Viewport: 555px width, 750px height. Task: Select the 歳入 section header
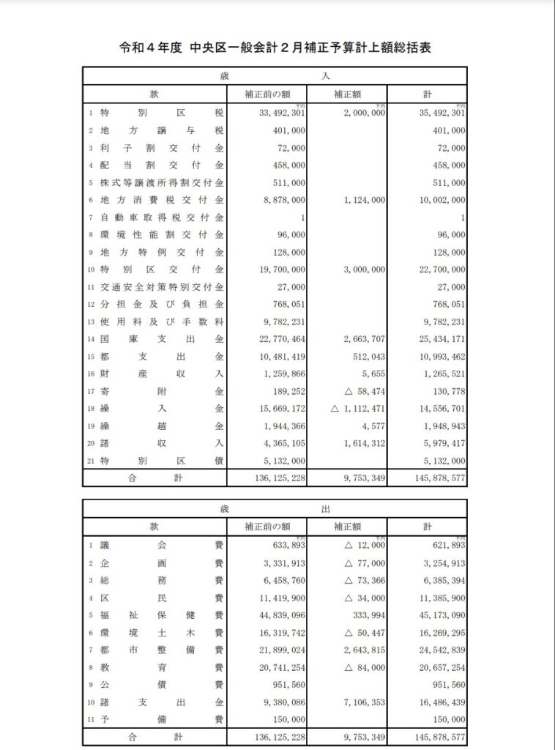275,75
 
